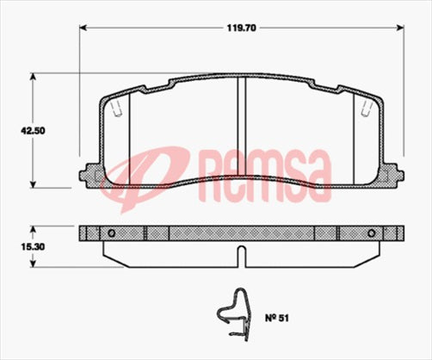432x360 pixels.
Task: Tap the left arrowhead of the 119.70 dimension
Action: [x=84, y=27]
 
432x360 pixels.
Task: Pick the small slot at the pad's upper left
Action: [x=118, y=109]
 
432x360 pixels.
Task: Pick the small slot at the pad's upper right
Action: [x=367, y=109]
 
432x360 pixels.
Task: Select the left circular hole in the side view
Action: [x=110, y=233]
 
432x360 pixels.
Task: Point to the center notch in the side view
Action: [x=243, y=253]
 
